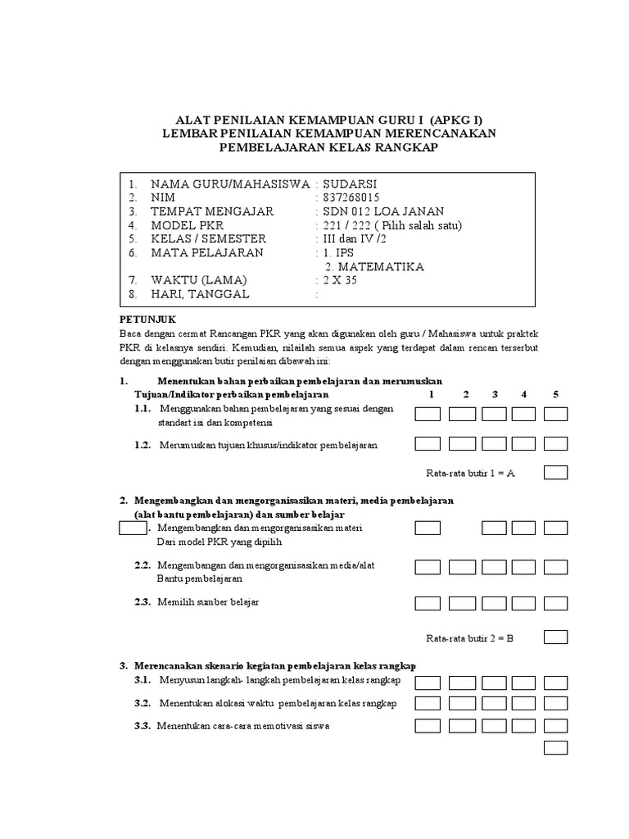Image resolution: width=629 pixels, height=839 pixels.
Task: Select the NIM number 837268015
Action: [351, 198]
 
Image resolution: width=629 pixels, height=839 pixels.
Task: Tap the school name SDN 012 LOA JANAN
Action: [376, 212]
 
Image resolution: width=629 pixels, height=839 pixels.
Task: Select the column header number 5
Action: [555, 394]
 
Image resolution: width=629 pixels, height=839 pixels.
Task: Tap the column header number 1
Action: [431, 394]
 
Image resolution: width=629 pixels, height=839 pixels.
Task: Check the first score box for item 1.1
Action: [428, 414]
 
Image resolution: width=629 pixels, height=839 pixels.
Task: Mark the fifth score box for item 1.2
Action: [556, 444]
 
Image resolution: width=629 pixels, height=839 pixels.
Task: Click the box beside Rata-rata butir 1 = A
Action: [556, 473]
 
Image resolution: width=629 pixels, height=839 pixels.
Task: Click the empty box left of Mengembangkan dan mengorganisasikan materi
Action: [132, 528]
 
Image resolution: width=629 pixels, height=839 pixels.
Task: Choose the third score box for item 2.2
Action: [494, 567]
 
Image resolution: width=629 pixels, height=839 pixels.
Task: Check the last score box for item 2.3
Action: [556, 604]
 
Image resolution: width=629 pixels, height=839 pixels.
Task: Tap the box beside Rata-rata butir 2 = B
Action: [556, 637]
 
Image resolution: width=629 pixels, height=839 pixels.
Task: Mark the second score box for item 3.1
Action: [462, 683]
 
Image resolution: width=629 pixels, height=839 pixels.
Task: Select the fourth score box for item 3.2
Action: [524, 704]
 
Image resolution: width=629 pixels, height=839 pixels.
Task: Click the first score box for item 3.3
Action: [428, 725]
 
